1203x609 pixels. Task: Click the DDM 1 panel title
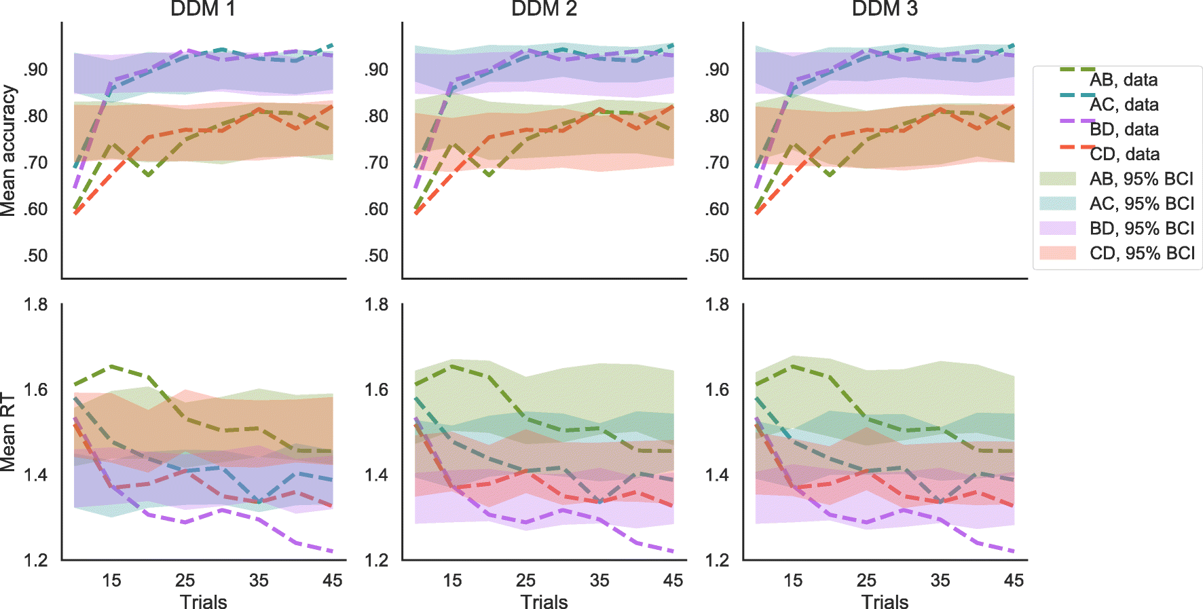[x=203, y=9]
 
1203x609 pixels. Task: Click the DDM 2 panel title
[x=544, y=9]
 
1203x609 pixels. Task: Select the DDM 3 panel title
[x=885, y=9]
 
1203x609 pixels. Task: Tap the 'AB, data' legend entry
[x=1124, y=80]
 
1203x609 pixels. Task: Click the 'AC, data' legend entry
[x=1124, y=105]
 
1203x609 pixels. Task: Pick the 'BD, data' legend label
[x=1124, y=130]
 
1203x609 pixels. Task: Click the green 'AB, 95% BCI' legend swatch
[x=1058, y=179]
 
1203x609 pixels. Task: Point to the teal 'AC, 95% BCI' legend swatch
[x=1058, y=204]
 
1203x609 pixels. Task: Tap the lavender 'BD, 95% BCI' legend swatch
[x=1058, y=228]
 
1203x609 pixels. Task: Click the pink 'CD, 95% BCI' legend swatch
[x=1058, y=253]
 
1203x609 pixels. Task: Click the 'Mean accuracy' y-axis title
[x=8, y=151]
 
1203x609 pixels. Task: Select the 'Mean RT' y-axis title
[x=8, y=432]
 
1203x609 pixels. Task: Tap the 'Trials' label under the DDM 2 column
[x=544, y=602]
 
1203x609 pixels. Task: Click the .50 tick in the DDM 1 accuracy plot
[x=35, y=256]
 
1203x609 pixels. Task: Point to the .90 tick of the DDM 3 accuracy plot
[x=717, y=70]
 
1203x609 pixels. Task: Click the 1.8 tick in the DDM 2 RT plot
[x=376, y=305]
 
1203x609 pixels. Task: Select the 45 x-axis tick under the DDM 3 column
[x=1014, y=580]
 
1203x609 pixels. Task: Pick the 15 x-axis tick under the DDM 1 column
[x=111, y=580]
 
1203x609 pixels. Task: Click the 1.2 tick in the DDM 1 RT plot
[x=35, y=560]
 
